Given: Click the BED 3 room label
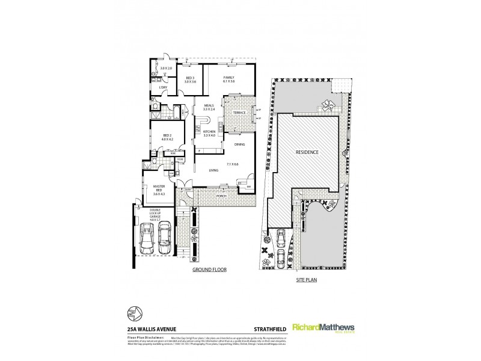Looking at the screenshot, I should (190, 79).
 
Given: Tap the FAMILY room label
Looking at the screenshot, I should (229, 79).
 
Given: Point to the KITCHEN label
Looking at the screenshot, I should (209, 132).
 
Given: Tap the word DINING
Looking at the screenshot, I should (239, 145).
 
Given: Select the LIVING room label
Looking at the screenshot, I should (213, 170).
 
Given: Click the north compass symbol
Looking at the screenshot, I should (132, 314).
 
